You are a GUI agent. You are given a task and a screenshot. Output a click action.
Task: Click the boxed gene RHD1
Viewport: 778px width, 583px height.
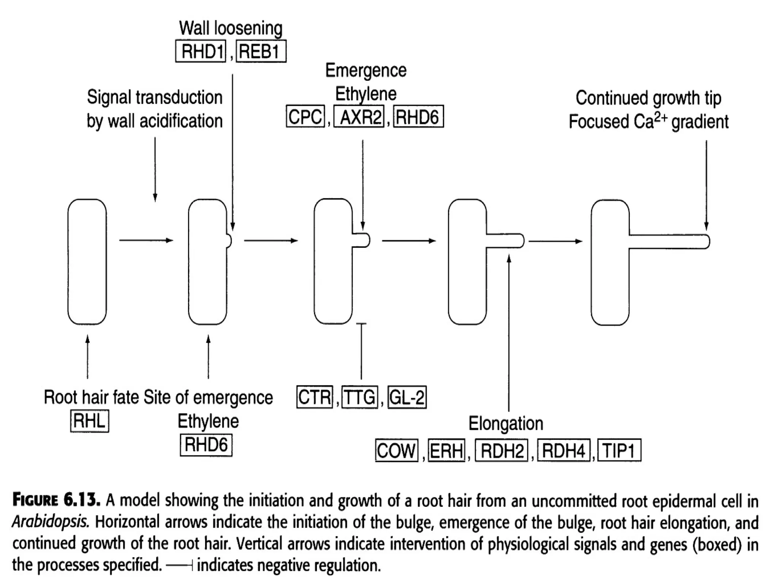201,51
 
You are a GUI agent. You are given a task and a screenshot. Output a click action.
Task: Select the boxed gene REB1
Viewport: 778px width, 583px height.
261,51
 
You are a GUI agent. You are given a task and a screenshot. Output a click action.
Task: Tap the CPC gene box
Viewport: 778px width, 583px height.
305,117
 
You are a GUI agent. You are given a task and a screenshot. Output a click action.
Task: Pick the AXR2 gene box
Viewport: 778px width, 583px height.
359,117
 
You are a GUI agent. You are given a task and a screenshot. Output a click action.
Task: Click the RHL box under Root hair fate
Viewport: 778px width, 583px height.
90,421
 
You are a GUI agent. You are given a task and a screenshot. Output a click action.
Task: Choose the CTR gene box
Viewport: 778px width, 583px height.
315,397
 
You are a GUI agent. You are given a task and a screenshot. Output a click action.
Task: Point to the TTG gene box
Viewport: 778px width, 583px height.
360,397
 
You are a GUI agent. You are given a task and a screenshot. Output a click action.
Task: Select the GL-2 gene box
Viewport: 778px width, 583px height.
407,397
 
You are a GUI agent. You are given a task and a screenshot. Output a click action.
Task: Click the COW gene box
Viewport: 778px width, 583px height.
397,451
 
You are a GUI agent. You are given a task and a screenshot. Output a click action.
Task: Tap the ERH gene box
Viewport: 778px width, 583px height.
446,451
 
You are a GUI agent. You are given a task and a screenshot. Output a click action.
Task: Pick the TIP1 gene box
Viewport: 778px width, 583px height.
619,451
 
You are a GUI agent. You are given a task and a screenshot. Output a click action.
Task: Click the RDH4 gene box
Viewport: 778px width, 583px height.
564,451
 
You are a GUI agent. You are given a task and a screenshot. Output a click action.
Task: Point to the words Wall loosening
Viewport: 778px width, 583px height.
231,28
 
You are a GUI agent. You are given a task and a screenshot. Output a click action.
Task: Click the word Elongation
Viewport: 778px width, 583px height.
506,424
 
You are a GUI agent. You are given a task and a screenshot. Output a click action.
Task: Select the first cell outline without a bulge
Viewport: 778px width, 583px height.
87,262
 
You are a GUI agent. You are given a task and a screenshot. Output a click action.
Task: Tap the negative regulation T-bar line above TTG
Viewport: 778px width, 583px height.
361,351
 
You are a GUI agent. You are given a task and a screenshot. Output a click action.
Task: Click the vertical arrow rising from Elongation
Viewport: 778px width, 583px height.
509,334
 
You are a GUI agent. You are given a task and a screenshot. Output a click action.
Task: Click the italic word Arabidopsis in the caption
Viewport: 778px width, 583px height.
51,522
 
